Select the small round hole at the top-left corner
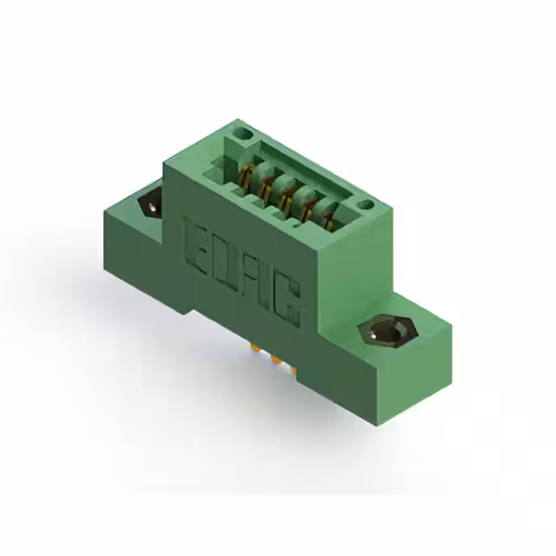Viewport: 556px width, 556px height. pyautogui.click(x=243, y=135)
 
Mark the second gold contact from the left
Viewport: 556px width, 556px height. pyautogui.click(x=266, y=184)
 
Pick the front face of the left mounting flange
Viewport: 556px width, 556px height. pyautogui.click(x=139, y=261)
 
